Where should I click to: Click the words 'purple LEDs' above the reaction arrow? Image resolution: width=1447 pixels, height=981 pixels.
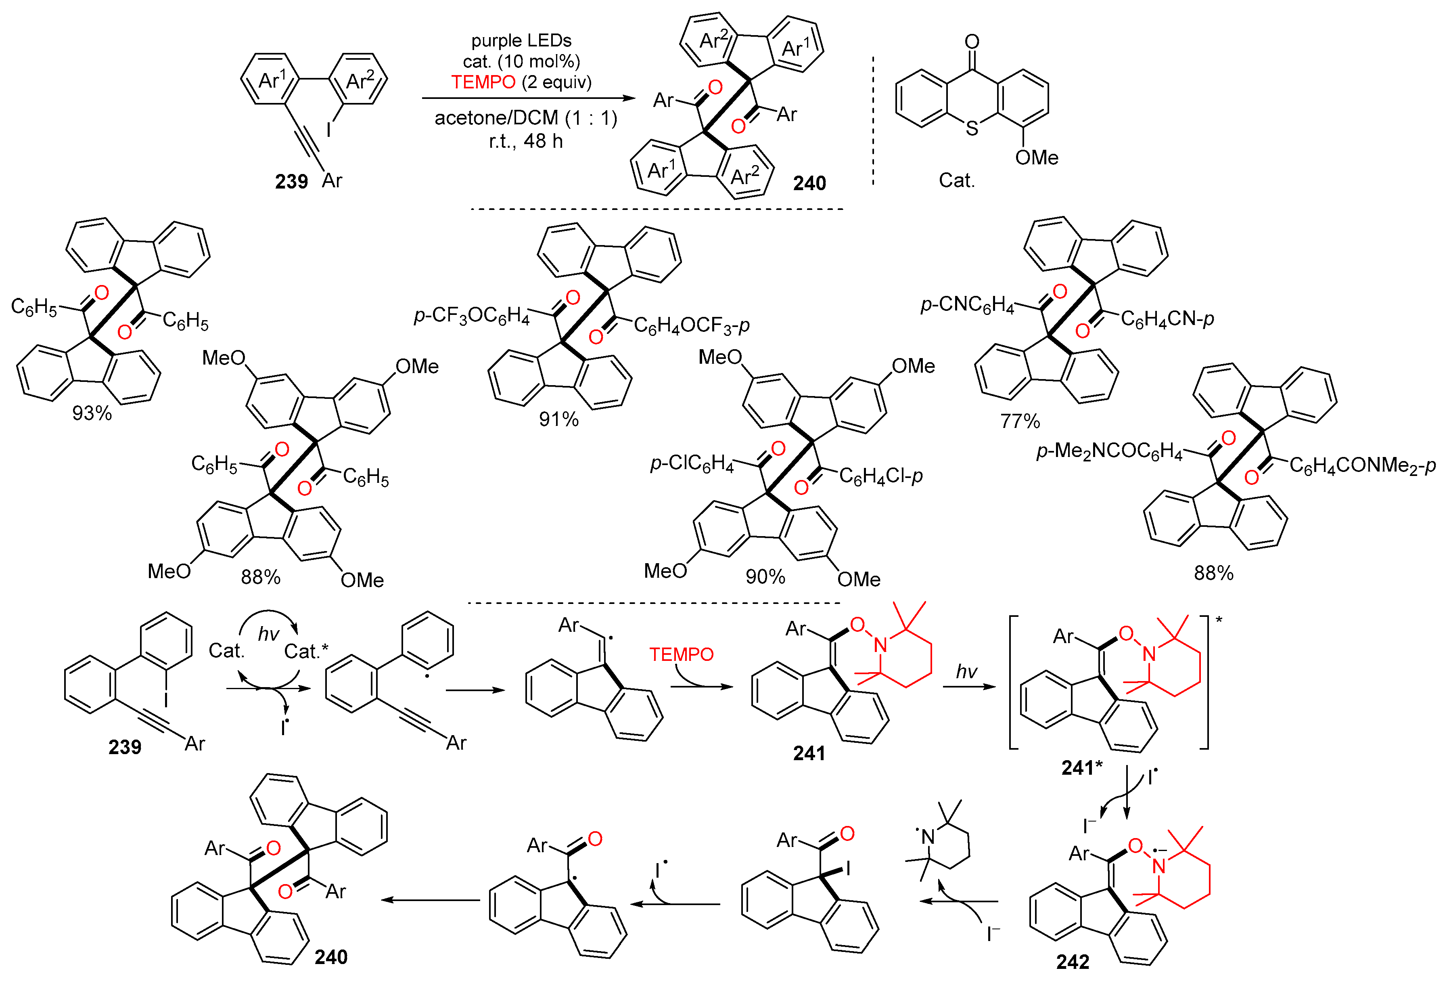(521, 40)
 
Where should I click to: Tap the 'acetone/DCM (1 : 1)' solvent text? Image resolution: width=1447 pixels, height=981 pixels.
(525, 118)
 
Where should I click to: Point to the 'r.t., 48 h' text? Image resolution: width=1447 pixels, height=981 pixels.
(525, 141)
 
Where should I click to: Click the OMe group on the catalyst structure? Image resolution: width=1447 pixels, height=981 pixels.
(1036, 157)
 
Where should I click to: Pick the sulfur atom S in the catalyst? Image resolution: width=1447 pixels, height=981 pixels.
(971, 129)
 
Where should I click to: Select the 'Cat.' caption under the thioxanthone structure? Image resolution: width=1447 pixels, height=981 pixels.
(956, 180)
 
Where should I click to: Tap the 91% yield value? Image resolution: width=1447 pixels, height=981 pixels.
(558, 419)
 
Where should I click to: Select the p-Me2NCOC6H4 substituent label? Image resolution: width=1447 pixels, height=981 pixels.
(1109, 451)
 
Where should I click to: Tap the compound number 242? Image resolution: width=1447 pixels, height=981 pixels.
(1072, 962)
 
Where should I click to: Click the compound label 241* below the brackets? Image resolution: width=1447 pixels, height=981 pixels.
(1081, 768)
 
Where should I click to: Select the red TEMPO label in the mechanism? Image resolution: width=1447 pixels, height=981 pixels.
(681, 654)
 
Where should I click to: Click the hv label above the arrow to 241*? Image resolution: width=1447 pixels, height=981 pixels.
(966, 671)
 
